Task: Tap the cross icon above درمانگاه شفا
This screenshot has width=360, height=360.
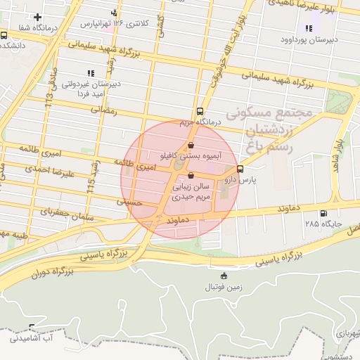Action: coord(37,17)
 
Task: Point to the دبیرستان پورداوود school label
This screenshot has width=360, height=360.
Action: coord(313,39)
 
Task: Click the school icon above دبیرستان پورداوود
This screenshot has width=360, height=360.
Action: coord(309,28)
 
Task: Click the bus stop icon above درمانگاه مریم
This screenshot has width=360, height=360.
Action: coord(200,111)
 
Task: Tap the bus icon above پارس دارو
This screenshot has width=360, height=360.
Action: coord(240,169)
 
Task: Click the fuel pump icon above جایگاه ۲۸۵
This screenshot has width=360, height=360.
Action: coord(323,214)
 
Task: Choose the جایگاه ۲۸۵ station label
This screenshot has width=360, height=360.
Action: coord(323,224)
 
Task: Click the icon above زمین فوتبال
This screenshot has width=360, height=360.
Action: coord(224,276)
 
